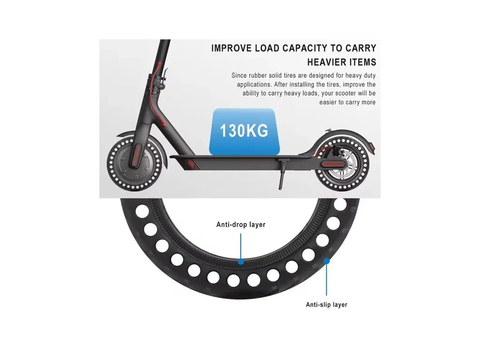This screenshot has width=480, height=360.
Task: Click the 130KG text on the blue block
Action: coord(244,130)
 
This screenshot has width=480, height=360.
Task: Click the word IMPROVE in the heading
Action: coord(232,48)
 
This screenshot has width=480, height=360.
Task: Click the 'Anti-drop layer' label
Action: coord(241,225)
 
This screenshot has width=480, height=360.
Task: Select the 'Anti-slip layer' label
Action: coord(326,305)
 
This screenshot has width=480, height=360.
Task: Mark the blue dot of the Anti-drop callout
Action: coord(241,261)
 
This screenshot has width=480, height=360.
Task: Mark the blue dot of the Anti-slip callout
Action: coord(327,260)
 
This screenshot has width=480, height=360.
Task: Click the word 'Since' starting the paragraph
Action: coord(240,75)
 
